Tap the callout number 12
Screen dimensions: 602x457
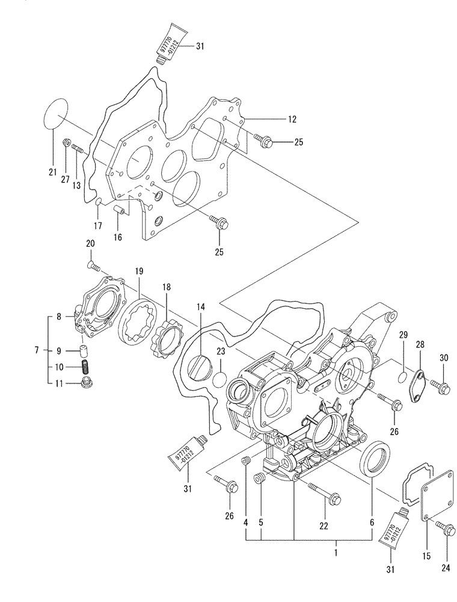(292, 120)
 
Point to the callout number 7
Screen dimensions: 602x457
(37, 350)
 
